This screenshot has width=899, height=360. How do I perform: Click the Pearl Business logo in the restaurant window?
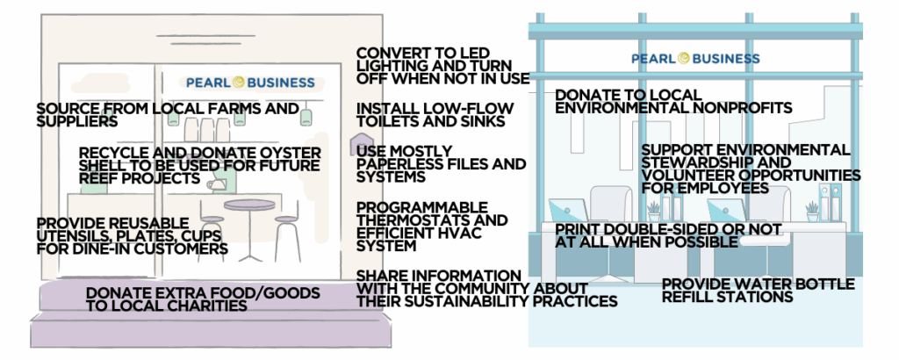(x=250, y=83)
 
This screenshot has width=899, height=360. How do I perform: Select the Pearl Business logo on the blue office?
(x=696, y=59)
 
